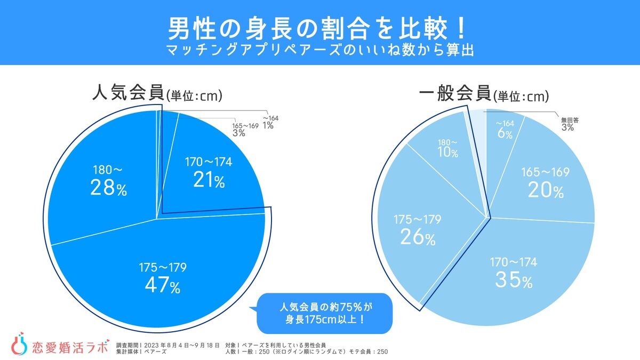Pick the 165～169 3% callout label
(x=245, y=130)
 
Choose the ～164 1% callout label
(x=269, y=122)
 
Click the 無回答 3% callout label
(x=569, y=124)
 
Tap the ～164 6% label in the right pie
(x=505, y=130)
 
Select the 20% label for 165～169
(x=545, y=183)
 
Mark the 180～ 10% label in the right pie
(x=447, y=149)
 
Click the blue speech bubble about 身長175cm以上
(x=324, y=314)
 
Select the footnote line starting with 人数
(x=306, y=351)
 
